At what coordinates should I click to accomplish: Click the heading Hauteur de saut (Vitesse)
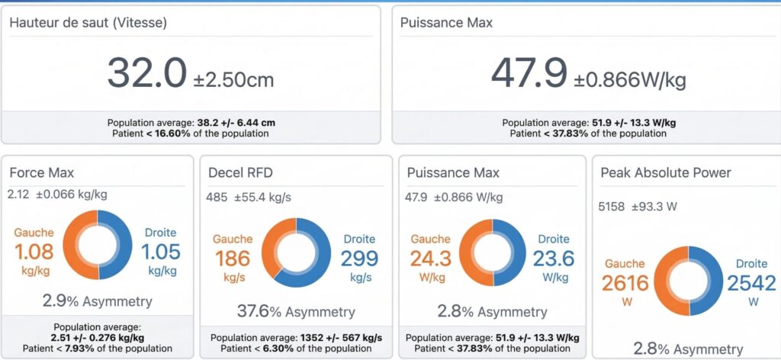click(88, 23)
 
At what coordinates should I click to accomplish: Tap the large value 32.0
click(146, 73)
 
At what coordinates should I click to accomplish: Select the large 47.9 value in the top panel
click(529, 73)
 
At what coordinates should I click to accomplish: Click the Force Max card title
click(41, 173)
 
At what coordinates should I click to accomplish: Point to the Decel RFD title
click(236, 173)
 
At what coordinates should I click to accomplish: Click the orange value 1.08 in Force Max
click(33, 252)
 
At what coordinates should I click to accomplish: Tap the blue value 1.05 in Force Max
click(160, 252)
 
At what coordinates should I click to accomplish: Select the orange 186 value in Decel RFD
click(232, 259)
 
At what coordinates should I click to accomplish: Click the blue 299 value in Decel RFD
click(358, 259)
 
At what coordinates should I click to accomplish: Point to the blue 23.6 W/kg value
click(554, 259)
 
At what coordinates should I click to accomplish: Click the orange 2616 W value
click(625, 283)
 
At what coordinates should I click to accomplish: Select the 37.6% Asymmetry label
click(296, 312)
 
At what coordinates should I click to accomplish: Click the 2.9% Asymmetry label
click(97, 301)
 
